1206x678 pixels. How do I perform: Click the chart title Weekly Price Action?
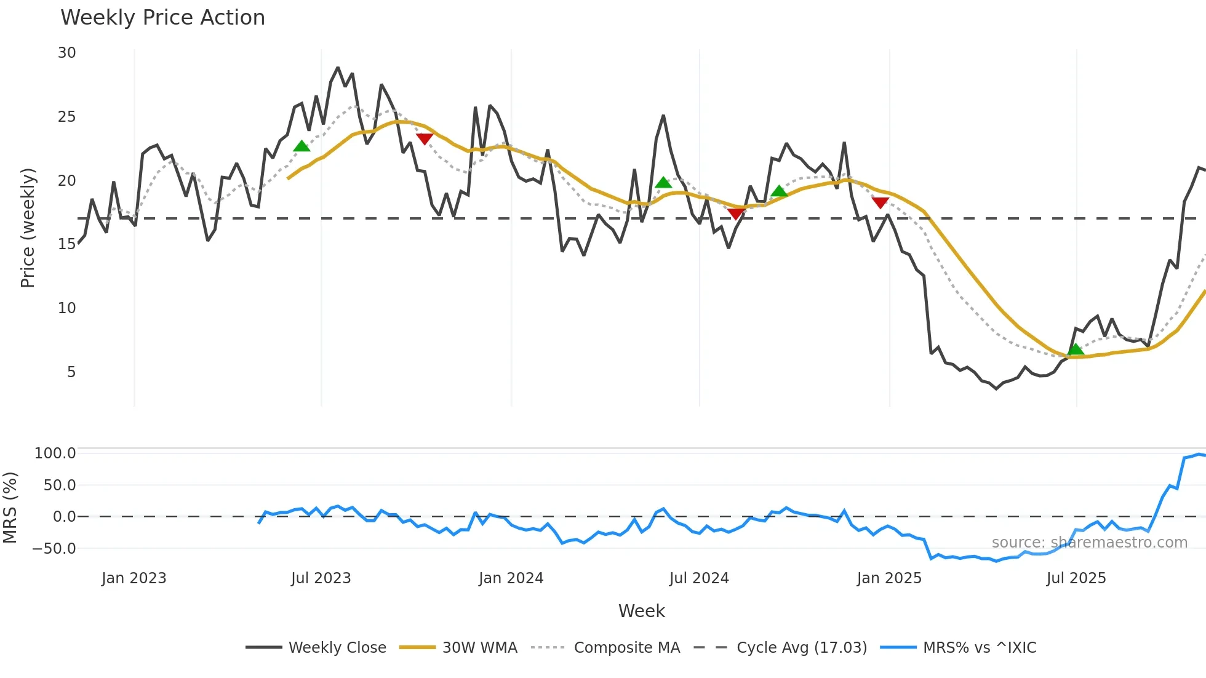[x=162, y=18]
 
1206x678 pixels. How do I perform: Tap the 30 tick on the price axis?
[x=67, y=53]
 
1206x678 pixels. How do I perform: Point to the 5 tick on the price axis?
[x=71, y=372]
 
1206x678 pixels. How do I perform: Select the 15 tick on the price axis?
[x=67, y=244]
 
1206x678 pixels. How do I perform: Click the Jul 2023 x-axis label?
[x=321, y=578]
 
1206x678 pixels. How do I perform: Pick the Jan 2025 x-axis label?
[x=889, y=578]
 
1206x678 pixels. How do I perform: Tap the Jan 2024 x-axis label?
[x=511, y=578]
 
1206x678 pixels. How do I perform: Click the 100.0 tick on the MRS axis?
[x=55, y=453]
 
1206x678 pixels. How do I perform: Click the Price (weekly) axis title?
[x=28, y=228]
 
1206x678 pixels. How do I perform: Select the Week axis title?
[x=641, y=611]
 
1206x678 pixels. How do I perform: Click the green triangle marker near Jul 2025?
[x=1075, y=349]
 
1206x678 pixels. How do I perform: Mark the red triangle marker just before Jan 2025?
[x=880, y=202]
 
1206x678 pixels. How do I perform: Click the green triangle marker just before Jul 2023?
[x=301, y=146]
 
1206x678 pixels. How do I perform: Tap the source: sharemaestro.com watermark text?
[x=1089, y=543]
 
